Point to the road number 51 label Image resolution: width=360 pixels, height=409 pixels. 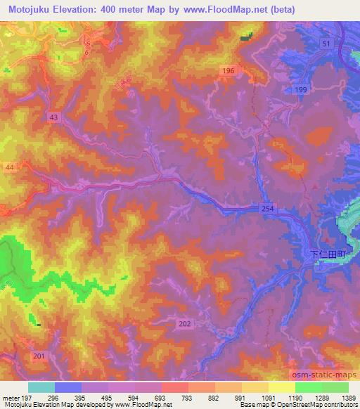click(x=326, y=44)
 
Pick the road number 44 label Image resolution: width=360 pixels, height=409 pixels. click(x=8, y=167)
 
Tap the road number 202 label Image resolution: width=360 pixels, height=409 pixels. click(x=185, y=323)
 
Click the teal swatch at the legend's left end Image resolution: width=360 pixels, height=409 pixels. click(x=41, y=387)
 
